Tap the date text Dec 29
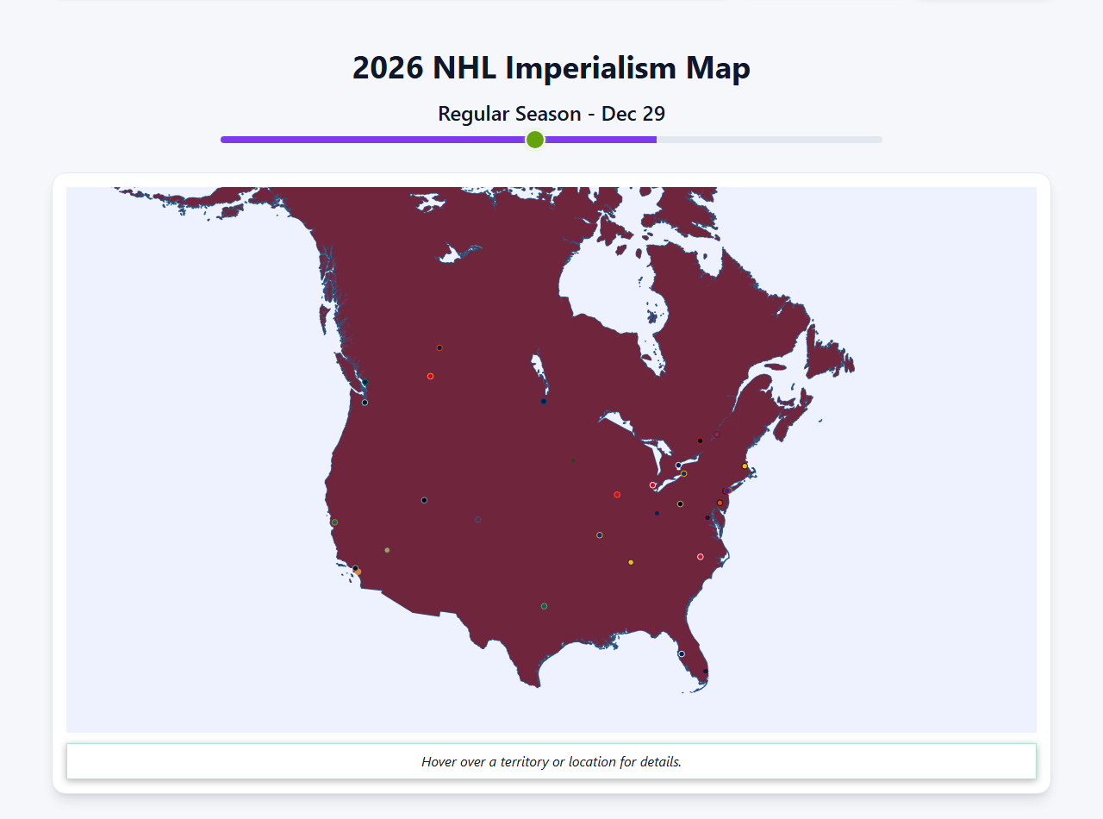(633, 114)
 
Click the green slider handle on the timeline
(535, 140)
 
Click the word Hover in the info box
(440, 762)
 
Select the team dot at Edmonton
(439, 348)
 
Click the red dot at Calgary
(430, 376)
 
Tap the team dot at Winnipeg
(543, 401)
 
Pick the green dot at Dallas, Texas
(544, 606)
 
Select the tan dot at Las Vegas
(387, 550)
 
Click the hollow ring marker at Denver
(477, 519)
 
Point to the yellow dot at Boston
(745, 466)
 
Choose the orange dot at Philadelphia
(720, 503)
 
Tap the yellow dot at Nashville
(631, 562)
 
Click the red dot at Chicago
(617, 495)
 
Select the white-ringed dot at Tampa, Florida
(682, 653)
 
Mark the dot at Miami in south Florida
(706, 671)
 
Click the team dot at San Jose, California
(334, 522)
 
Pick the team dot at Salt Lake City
(424, 500)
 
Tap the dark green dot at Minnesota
(572, 460)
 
